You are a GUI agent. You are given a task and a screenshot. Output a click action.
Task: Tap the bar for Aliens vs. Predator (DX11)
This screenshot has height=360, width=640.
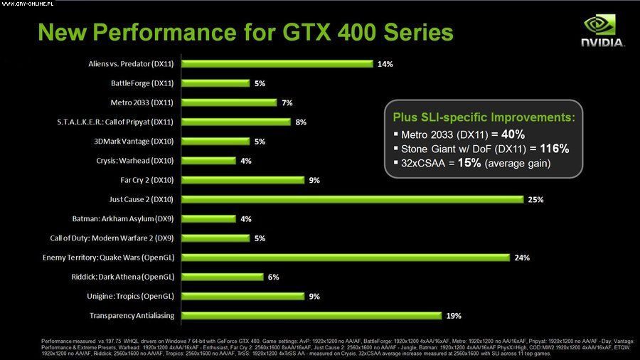click(277, 63)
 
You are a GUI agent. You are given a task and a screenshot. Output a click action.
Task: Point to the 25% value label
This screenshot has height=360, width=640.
click(535, 200)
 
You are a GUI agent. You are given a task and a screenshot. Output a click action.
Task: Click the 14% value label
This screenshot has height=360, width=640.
click(385, 64)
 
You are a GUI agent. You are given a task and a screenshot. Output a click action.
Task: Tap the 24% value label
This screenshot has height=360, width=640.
click(522, 258)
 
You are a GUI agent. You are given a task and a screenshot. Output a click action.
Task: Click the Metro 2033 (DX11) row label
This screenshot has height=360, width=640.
click(142, 102)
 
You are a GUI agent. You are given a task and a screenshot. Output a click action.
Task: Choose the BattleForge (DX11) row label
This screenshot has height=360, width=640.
click(143, 83)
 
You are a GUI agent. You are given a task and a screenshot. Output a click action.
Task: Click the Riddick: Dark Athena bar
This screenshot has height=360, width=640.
click(222, 277)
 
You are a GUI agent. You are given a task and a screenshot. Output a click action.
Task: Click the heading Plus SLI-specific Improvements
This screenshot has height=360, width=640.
click(484, 117)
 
